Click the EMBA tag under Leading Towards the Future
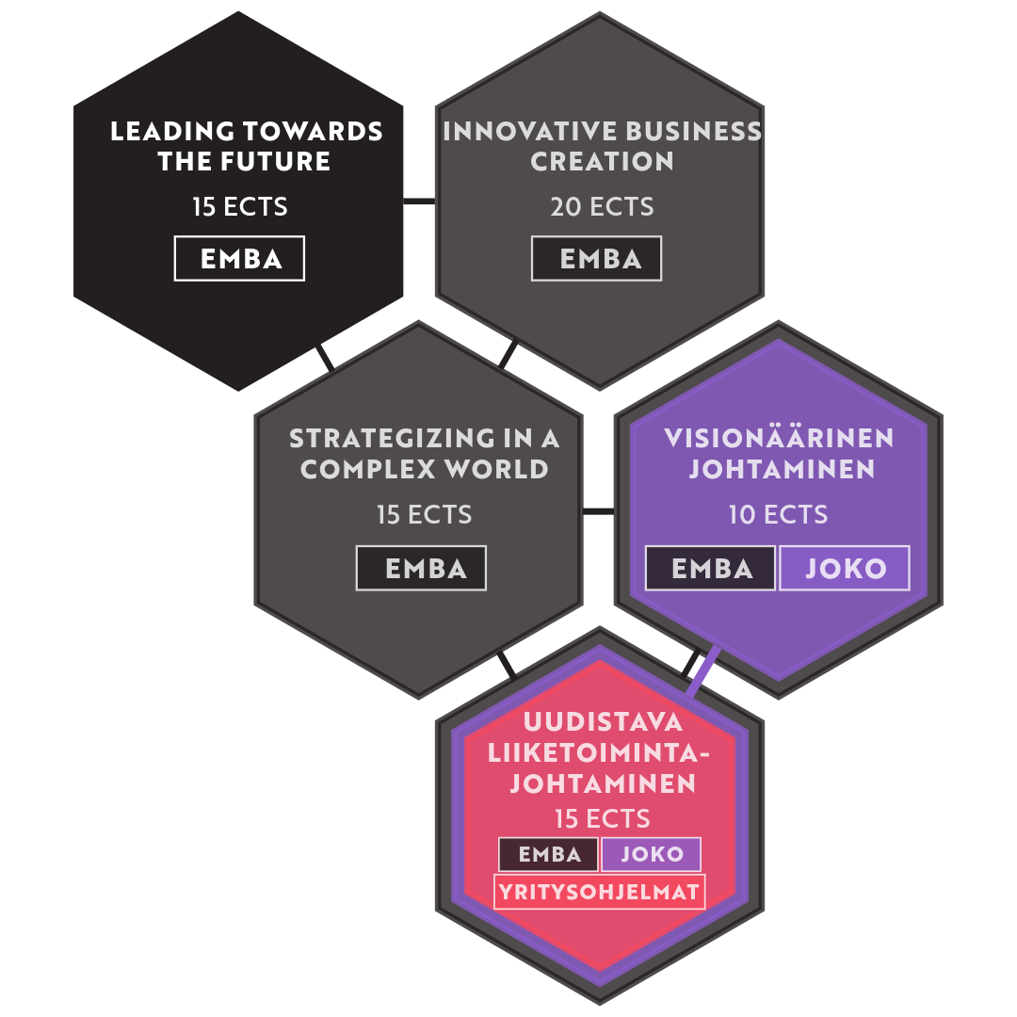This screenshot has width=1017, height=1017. pos(239,258)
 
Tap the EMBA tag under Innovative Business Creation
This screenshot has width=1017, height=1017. pos(597,258)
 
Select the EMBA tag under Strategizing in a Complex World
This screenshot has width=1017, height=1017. pos(421,568)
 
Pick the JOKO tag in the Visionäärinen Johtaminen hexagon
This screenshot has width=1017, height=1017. pos(845,568)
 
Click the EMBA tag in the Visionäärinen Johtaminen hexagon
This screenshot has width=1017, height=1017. pos(711,568)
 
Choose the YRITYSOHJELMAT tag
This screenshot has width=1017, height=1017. pos(599,891)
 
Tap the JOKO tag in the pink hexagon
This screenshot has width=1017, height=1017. pos(652,854)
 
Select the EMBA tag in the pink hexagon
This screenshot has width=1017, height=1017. pos(549,854)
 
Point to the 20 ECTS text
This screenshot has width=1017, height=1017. pos(602,207)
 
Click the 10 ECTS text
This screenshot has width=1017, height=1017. pos(778,515)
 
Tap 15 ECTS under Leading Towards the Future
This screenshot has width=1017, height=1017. pos(240,207)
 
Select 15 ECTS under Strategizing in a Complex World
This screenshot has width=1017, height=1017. pos(424,515)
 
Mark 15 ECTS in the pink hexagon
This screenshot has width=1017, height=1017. pos(603,818)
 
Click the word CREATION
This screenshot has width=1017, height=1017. pos(602,161)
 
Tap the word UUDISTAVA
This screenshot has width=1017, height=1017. pos(603,722)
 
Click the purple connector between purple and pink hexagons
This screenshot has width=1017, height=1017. pos(703,670)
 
